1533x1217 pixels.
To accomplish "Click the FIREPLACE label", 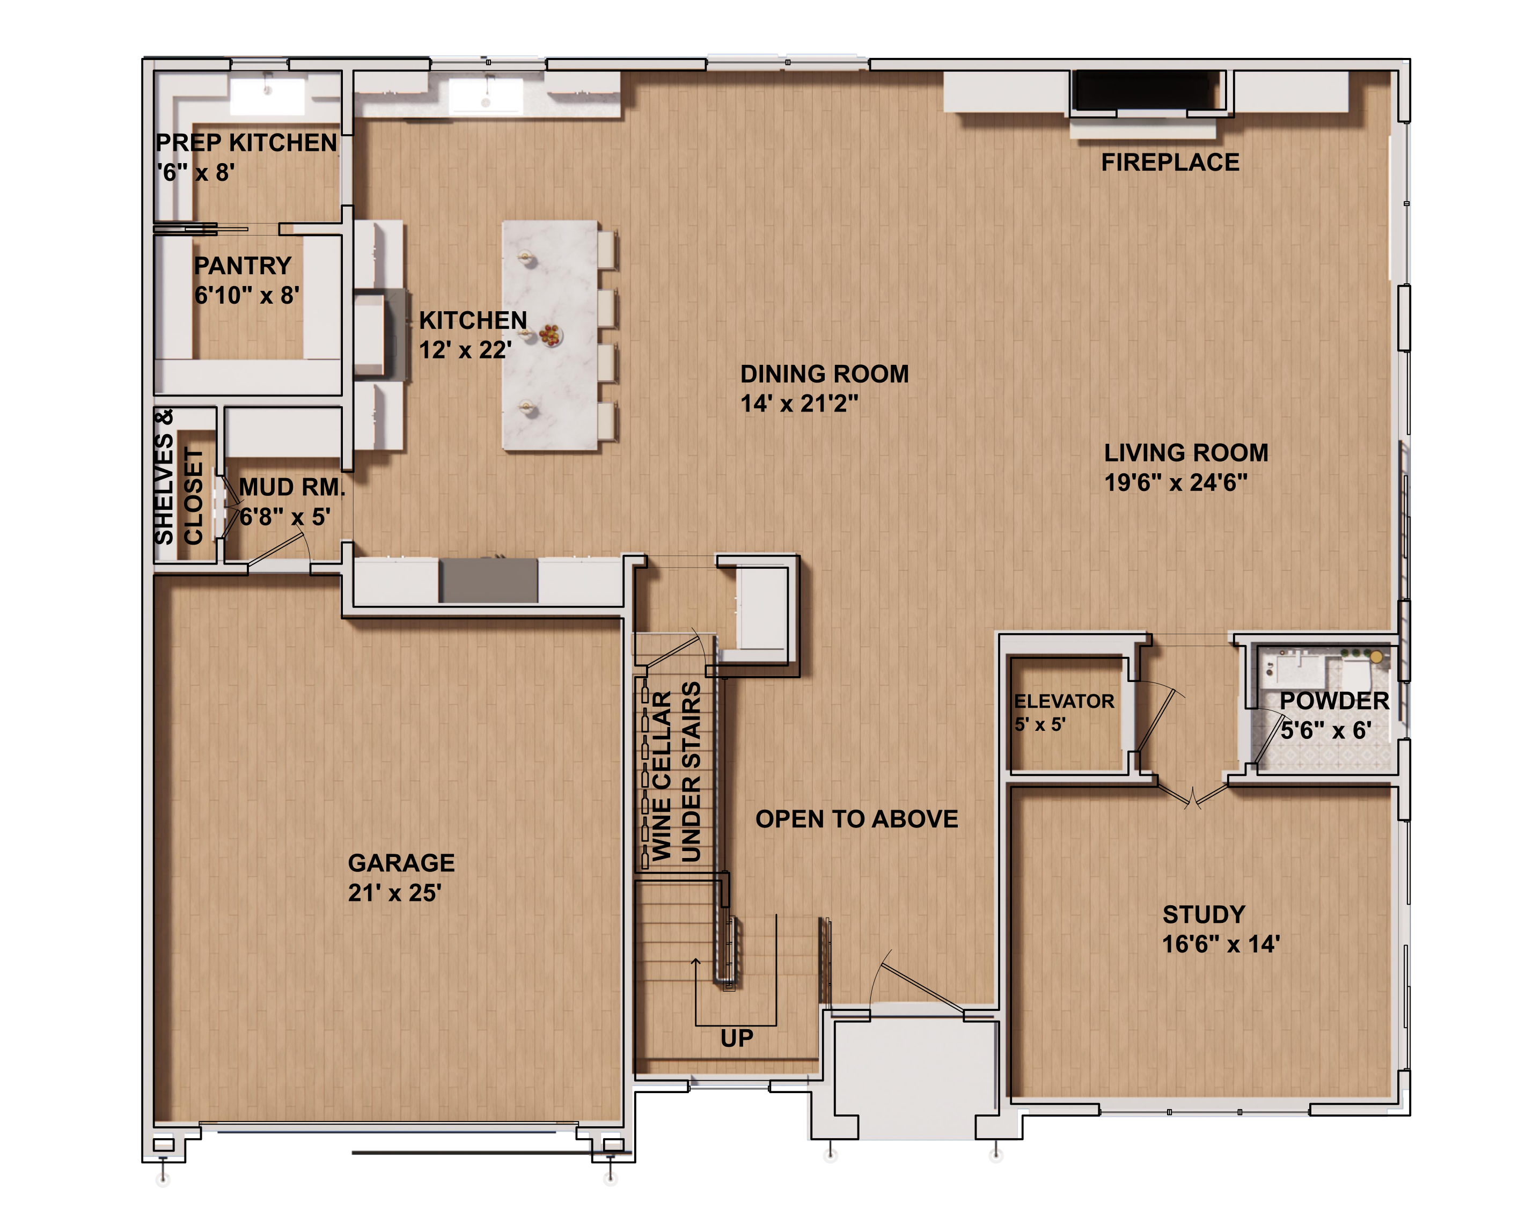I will [1170, 162].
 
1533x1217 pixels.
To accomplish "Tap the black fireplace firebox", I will [1148, 90].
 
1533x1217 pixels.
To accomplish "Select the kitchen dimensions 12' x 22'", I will [465, 350].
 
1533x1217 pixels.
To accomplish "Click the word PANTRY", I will [243, 266].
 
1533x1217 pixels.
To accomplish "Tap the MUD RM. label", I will [291, 488].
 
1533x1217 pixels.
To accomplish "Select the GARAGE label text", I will [401, 863].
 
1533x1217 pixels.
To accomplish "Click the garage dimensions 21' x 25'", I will [394, 893].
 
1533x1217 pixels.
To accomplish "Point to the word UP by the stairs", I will [737, 1038].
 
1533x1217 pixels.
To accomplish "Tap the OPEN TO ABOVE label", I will [856, 819].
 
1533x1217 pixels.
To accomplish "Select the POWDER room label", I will [1333, 701].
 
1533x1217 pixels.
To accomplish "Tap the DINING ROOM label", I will [824, 374].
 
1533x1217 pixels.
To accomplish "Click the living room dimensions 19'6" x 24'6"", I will [1175, 483].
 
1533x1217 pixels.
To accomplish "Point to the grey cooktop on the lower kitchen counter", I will [488, 580].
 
